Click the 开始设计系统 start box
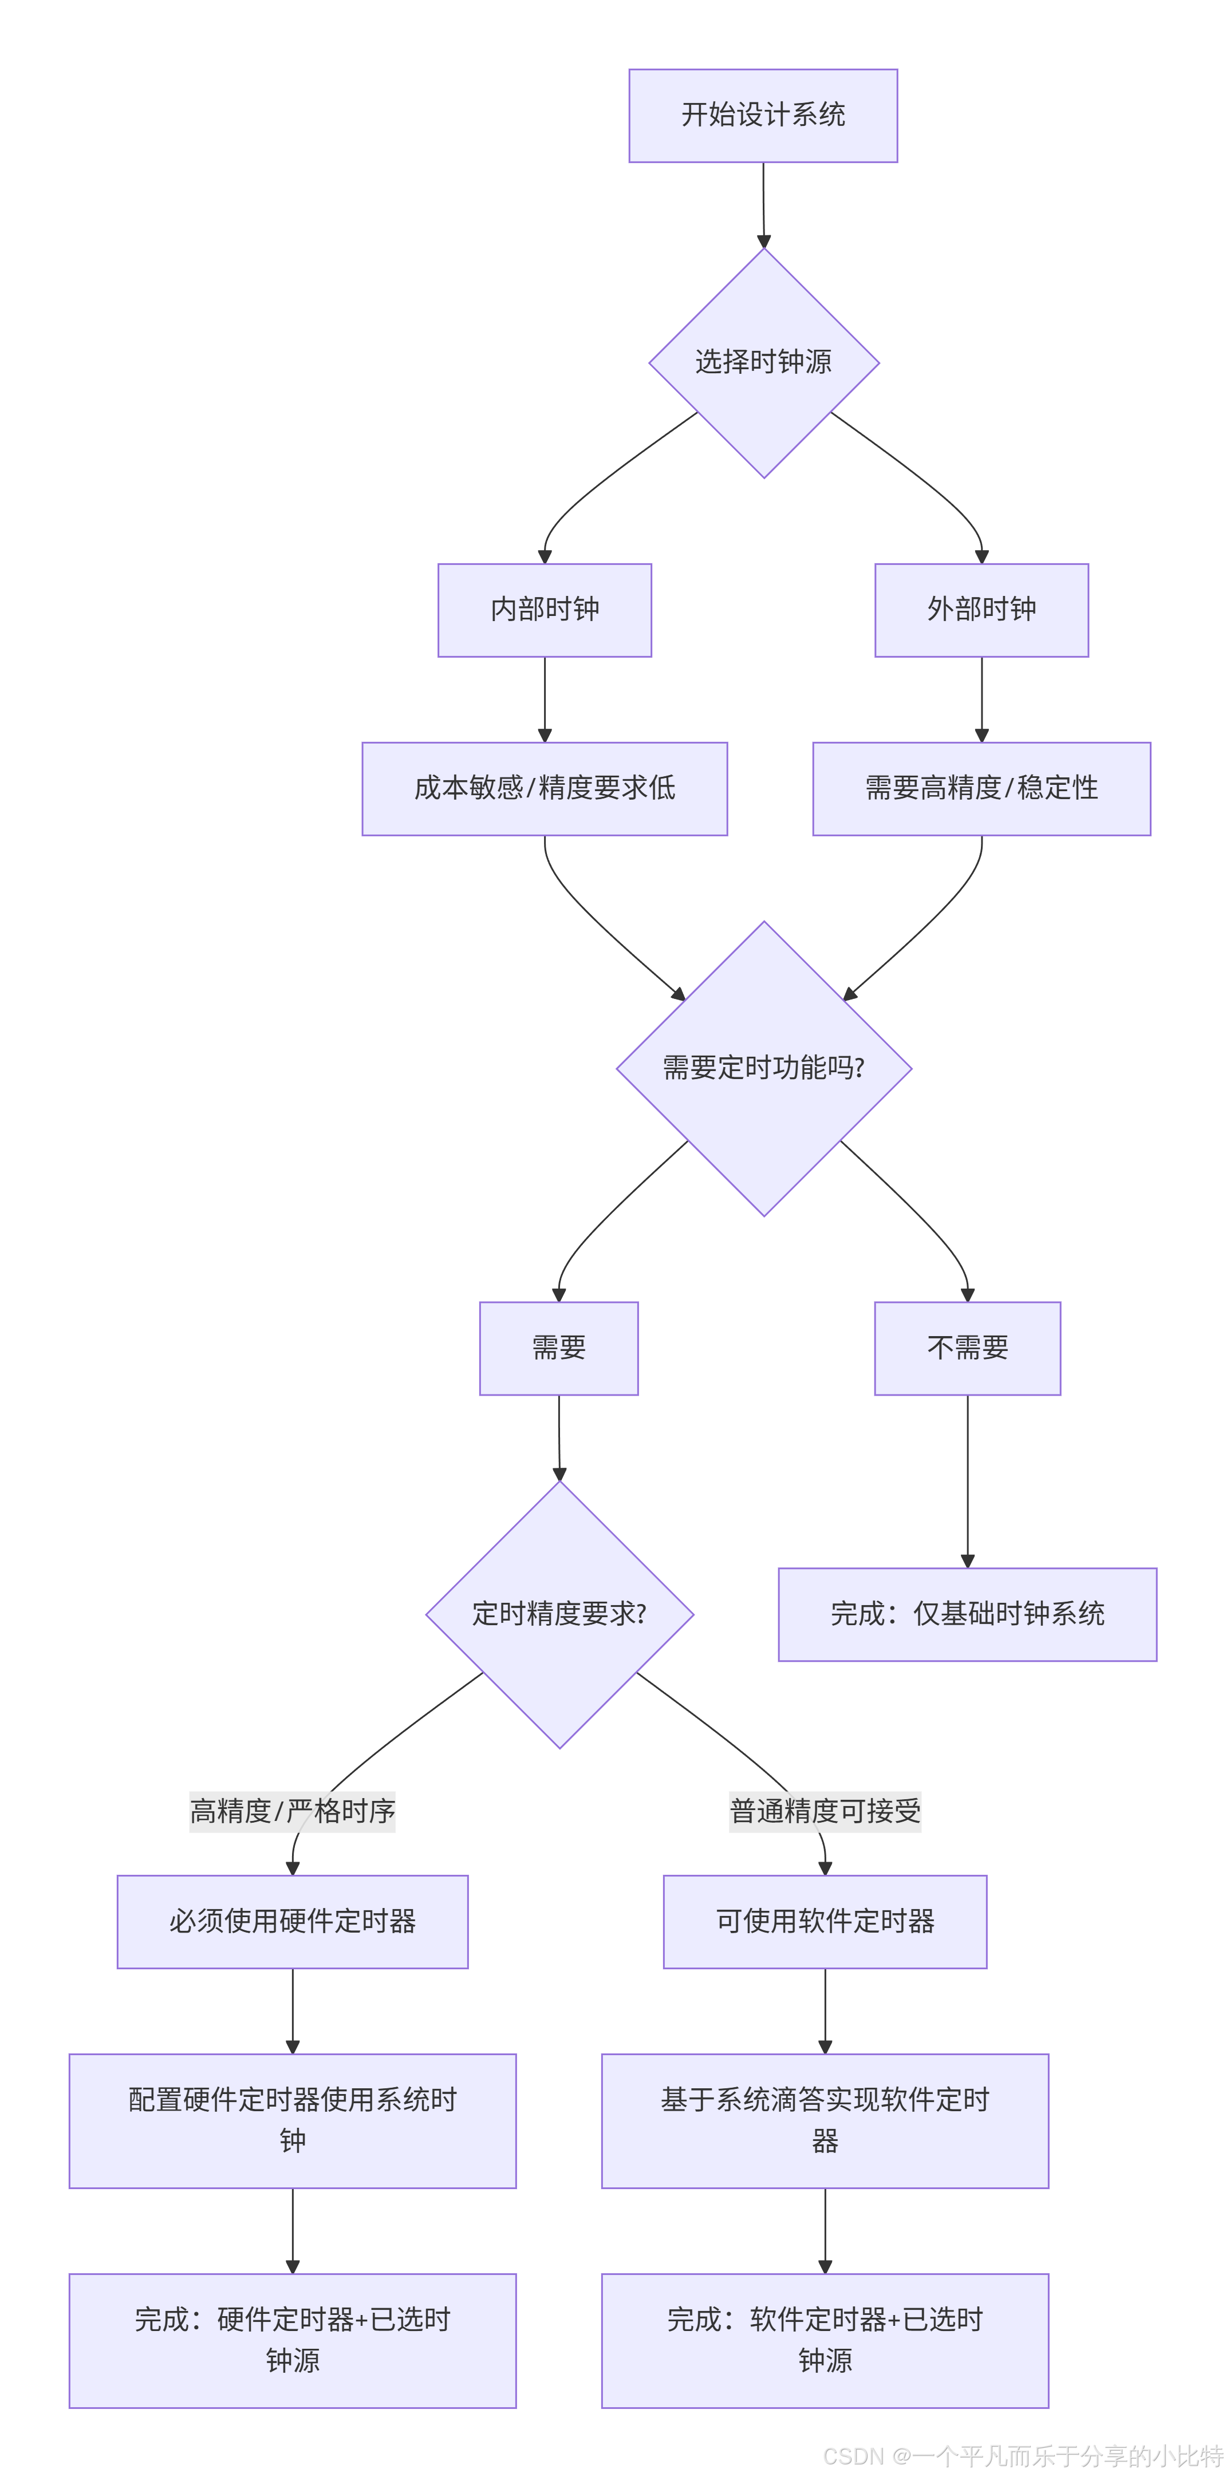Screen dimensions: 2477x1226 (x=763, y=116)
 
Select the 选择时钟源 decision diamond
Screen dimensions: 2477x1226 (x=763, y=362)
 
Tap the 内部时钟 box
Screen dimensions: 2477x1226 (x=544, y=610)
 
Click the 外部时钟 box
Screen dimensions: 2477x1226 (x=981, y=610)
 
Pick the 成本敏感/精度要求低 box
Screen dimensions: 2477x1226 (x=544, y=788)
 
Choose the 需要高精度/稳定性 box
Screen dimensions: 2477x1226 (x=981, y=788)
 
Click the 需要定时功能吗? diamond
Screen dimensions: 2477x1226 (x=763, y=1068)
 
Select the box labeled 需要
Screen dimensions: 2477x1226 (x=559, y=1348)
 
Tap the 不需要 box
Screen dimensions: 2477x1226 (x=967, y=1348)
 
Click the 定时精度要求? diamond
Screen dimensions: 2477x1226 (x=559, y=1614)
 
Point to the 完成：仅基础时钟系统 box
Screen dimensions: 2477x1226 (x=967, y=1614)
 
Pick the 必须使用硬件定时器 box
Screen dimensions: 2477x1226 (x=292, y=1921)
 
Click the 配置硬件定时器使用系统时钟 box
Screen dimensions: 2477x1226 (x=292, y=2120)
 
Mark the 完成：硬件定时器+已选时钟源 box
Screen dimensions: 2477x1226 (x=292, y=2340)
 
